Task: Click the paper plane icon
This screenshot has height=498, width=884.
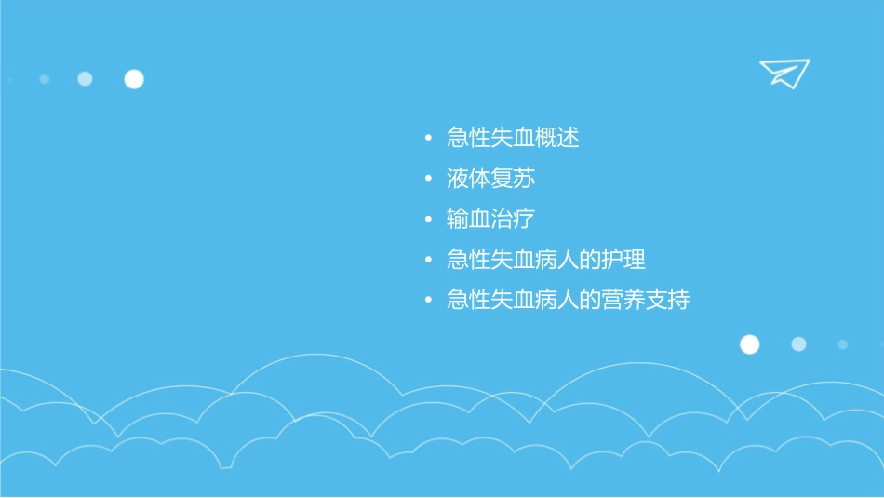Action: coord(784,73)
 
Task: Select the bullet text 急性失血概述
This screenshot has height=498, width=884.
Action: coord(513,138)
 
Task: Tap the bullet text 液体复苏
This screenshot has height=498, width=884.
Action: coord(490,179)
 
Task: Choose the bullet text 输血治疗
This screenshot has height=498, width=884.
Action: coord(490,219)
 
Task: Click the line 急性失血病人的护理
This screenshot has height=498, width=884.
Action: coord(546,259)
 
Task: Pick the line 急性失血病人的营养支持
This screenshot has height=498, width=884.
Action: coord(569,300)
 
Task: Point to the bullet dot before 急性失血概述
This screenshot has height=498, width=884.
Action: coord(428,139)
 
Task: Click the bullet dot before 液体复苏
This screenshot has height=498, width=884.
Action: coord(428,179)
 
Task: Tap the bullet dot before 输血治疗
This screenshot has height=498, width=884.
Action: coord(428,220)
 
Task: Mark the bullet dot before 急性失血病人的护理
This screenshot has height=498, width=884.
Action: coord(428,260)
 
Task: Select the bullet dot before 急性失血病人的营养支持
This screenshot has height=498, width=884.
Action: coord(428,301)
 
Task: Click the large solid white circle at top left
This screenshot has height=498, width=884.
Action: coord(134,79)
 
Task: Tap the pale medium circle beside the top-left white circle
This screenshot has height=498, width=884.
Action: coord(85,79)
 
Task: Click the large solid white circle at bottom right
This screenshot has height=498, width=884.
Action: coord(749,344)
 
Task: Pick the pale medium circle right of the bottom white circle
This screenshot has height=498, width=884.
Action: coord(798,344)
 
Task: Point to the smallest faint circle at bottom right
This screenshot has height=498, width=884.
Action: coord(843,344)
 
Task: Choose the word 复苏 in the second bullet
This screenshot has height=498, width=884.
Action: coord(513,179)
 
